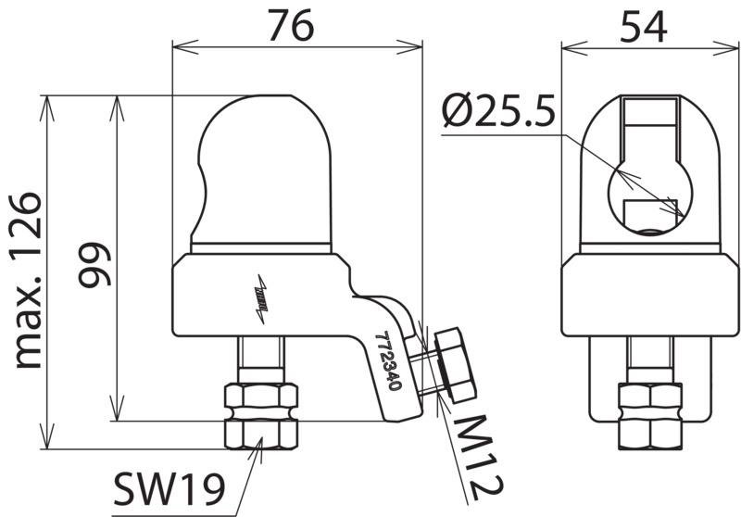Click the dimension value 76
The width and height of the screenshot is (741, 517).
(291, 26)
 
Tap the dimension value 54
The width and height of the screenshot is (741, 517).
(643, 27)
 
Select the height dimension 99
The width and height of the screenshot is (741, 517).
(94, 264)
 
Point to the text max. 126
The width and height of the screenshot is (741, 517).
(29, 280)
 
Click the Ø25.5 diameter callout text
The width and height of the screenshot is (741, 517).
(499, 111)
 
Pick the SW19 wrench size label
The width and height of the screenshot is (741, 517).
(169, 489)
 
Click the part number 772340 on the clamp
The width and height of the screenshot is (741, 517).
(388, 361)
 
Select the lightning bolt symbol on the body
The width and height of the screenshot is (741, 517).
(261, 299)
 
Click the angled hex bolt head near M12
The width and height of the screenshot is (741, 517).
(455, 365)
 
